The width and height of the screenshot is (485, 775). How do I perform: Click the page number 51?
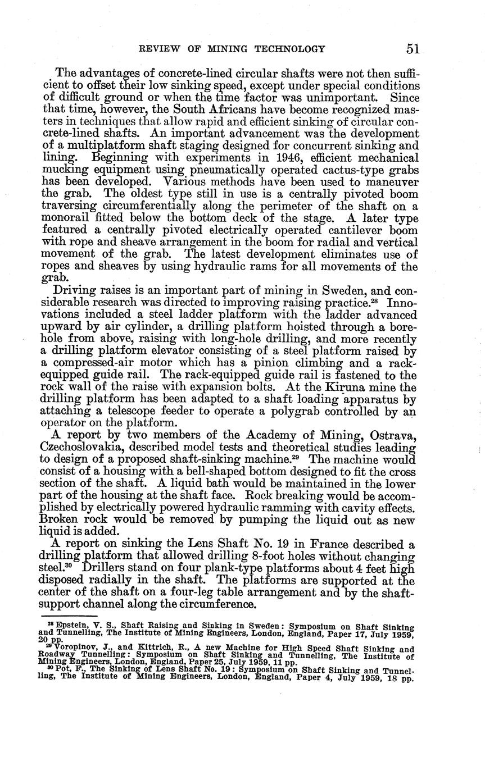tap(413, 49)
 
